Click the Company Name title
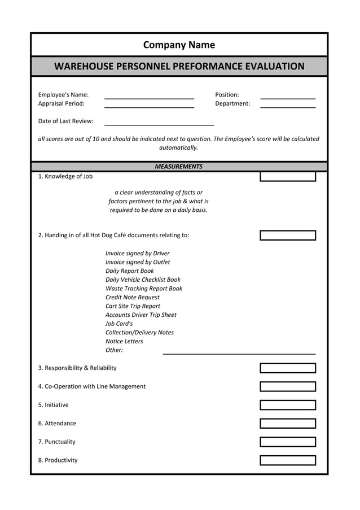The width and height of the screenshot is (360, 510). [x=179, y=45]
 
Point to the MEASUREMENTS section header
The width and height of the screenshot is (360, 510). [x=178, y=167]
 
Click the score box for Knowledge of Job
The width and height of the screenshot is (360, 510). [x=287, y=177]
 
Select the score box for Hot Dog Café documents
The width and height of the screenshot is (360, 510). [x=287, y=236]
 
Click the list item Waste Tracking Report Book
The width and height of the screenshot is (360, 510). [x=144, y=289]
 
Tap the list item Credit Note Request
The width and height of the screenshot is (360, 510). [x=133, y=298]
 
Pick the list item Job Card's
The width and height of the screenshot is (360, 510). [x=119, y=324]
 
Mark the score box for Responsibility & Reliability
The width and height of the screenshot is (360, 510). [x=287, y=369]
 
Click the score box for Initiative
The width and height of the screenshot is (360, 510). [x=287, y=406]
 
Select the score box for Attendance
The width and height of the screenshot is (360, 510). [x=287, y=424]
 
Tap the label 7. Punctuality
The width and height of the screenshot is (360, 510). [x=57, y=442]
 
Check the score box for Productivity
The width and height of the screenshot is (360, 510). [x=287, y=460]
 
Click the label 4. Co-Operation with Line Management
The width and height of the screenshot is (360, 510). [x=92, y=387]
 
